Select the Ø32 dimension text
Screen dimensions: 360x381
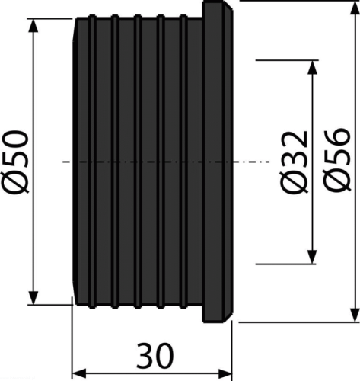click(294, 163)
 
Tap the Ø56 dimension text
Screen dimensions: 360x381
click(336, 159)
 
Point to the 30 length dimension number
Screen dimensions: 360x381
click(155, 355)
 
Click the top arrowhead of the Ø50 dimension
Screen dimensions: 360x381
click(33, 25)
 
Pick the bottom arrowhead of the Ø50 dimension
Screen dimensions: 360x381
click(33, 298)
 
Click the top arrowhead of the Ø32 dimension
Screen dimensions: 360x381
click(312, 67)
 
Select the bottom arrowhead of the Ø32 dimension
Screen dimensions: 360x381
click(312, 257)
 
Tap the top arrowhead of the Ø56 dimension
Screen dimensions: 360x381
click(355, 8)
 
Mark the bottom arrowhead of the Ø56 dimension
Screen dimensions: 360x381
click(355, 315)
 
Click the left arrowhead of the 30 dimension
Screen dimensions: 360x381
click(79, 374)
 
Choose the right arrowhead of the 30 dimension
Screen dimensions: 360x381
click(225, 374)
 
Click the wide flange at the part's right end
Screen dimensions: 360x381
click(217, 162)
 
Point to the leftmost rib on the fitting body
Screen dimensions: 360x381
click(92, 162)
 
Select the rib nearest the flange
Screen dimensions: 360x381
click(183, 162)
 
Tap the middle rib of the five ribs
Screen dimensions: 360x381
click(138, 162)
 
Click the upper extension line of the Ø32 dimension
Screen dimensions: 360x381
click(287, 60)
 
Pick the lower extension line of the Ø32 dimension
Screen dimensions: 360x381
click(286, 264)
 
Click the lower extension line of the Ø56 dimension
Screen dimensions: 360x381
click(299, 322)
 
